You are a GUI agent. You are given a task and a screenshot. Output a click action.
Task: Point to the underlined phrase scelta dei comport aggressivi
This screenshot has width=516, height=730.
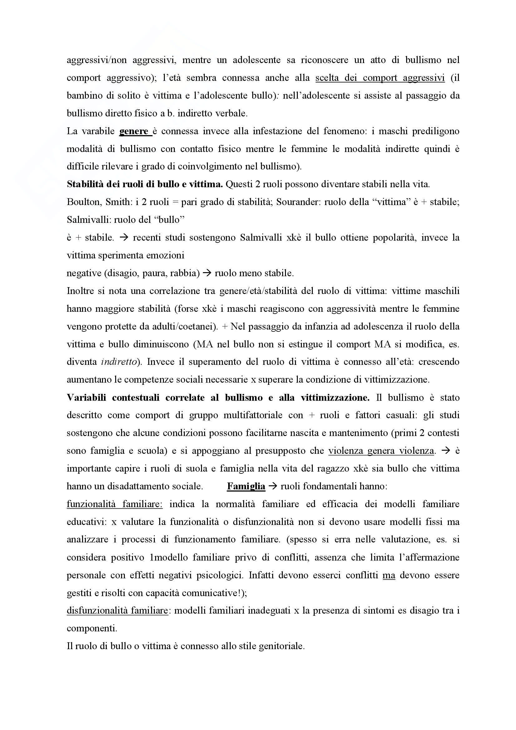[x=380, y=78]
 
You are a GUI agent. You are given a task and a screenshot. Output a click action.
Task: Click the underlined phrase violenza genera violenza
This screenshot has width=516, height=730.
[x=381, y=451]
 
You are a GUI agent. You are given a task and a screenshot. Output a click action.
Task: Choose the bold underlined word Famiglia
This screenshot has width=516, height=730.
[x=246, y=487]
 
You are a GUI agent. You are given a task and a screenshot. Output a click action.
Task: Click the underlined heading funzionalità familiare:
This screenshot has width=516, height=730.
[x=115, y=504]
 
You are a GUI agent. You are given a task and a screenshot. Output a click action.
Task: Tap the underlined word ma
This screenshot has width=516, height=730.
[x=389, y=575]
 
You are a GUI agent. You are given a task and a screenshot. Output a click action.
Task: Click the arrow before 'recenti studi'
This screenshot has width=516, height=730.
[x=123, y=238]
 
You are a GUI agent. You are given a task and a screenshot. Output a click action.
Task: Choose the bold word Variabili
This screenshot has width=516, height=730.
[x=86, y=398]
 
